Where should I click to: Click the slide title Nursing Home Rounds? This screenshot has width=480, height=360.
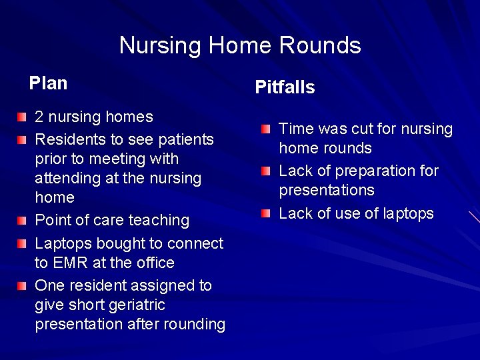240,45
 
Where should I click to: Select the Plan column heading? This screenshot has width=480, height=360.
48,83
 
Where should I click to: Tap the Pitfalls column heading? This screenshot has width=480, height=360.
285,87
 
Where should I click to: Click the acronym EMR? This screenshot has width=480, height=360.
71,263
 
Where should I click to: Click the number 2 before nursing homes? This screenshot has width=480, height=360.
39,117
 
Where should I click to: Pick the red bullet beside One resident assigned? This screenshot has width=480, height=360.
23,286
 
